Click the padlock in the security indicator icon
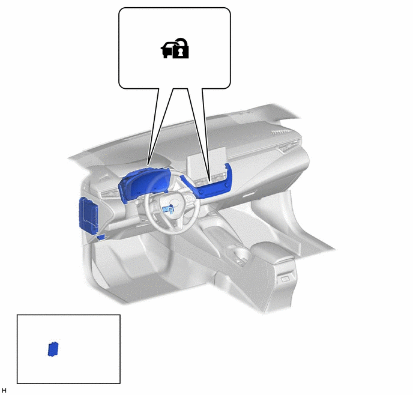(181, 50)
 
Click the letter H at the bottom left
(4, 390)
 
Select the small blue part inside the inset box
(53, 349)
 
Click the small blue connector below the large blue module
(101, 237)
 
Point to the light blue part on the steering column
(169, 209)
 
